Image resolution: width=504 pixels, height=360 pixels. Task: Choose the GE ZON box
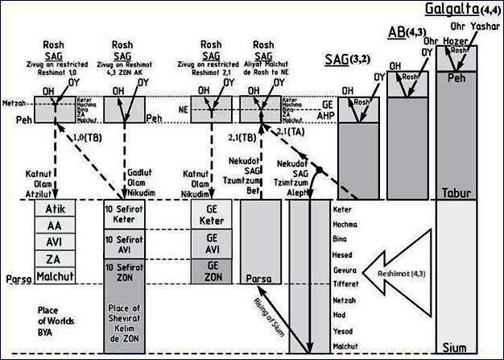(x=213, y=271)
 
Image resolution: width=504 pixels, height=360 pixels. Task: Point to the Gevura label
(x=345, y=268)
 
